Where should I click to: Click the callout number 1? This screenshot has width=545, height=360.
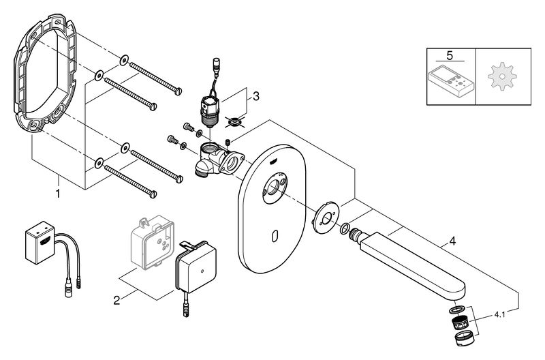click(x=58, y=194)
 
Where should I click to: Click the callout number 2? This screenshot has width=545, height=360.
click(x=116, y=300)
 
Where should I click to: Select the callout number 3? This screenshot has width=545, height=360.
click(x=256, y=96)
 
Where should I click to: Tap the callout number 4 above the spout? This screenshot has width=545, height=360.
click(x=452, y=241)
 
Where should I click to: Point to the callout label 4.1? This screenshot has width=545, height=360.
click(x=499, y=315)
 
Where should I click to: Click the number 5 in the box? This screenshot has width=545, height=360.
click(x=450, y=56)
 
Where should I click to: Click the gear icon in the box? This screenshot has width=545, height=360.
click(x=502, y=76)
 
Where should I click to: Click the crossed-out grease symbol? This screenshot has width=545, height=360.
click(x=234, y=122)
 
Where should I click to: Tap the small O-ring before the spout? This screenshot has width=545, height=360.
click(x=345, y=228)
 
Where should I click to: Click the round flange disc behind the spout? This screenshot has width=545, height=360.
click(x=326, y=217)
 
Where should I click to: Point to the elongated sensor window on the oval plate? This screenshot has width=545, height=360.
click(x=275, y=237)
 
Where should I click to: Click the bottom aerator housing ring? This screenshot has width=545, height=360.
click(x=463, y=338)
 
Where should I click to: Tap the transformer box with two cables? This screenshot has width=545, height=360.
click(x=40, y=242)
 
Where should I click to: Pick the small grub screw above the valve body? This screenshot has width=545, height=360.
click(x=228, y=142)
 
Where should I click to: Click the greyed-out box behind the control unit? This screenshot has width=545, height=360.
click(x=152, y=242)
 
